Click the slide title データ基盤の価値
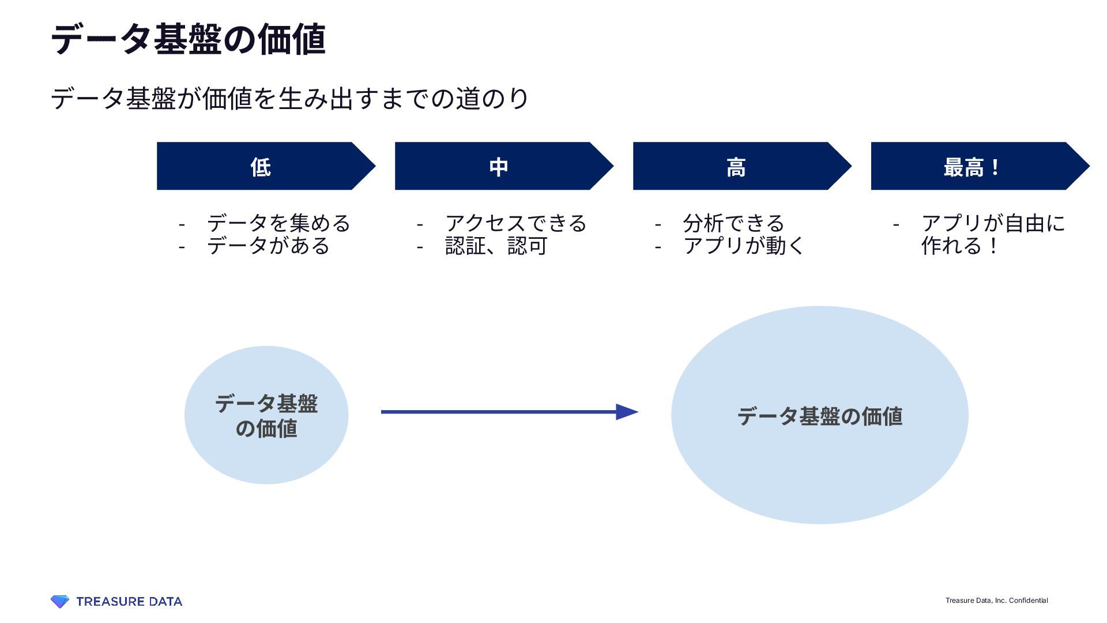pos(189,40)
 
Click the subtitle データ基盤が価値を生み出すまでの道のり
pos(289,99)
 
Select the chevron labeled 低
pos(261,167)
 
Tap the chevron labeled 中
pos(499,167)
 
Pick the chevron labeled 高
pos(736,167)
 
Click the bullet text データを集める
pos(278,223)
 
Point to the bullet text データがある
pos(268,246)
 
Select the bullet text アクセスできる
pos(516,223)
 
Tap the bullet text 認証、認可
pos(496,246)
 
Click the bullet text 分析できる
pos(733,223)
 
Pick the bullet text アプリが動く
pos(744,246)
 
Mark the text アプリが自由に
pos(993,223)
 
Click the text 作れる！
pos(960,246)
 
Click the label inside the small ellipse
pos(266,415)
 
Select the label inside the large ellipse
pos(820,416)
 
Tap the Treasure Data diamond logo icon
pos(59,602)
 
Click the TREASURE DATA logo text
pos(129,602)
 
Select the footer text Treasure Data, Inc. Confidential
pos(996,601)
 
